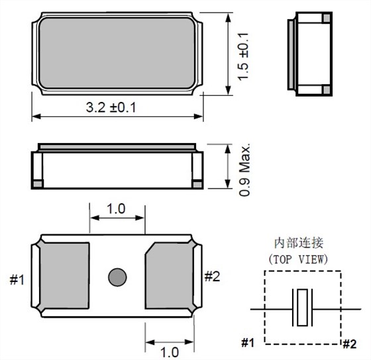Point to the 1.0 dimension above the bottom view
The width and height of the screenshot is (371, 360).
pos(116,208)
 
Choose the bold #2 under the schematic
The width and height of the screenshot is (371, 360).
pos(349,343)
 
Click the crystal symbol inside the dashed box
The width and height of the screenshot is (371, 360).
pos(303,308)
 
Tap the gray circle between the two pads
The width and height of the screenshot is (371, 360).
pos(117,276)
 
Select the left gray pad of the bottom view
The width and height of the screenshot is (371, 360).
pos(63,276)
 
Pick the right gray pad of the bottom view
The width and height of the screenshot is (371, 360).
pos(172,276)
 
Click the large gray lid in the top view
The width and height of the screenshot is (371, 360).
pos(115,54)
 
